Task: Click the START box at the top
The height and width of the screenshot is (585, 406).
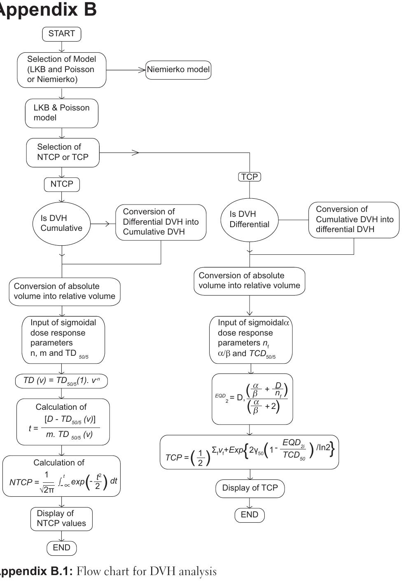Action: [x=61, y=34]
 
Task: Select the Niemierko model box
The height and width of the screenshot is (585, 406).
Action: [x=178, y=70]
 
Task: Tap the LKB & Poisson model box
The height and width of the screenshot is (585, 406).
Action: [x=61, y=113]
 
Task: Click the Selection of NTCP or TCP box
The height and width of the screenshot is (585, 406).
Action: [x=63, y=152]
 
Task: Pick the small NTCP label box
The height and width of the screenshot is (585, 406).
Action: [x=62, y=184]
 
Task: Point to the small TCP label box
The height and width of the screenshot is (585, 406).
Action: [x=250, y=177]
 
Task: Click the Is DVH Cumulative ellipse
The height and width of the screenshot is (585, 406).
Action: [x=61, y=223]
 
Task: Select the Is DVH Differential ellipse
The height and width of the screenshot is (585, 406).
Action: [x=250, y=219]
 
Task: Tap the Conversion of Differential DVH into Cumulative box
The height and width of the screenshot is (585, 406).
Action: [x=161, y=222]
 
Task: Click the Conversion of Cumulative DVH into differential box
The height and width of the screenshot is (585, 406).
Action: [x=354, y=220]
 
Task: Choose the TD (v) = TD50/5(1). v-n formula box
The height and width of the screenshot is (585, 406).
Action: [x=61, y=381]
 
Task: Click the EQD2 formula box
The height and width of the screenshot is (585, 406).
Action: [x=252, y=398]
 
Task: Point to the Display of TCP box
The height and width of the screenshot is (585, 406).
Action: [x=250, y=488]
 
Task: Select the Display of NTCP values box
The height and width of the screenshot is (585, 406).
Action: [x=61, y=519]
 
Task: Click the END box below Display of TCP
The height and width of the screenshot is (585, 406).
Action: [x=250, y=515]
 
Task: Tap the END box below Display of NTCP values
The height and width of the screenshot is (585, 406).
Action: [x=61, y=548]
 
